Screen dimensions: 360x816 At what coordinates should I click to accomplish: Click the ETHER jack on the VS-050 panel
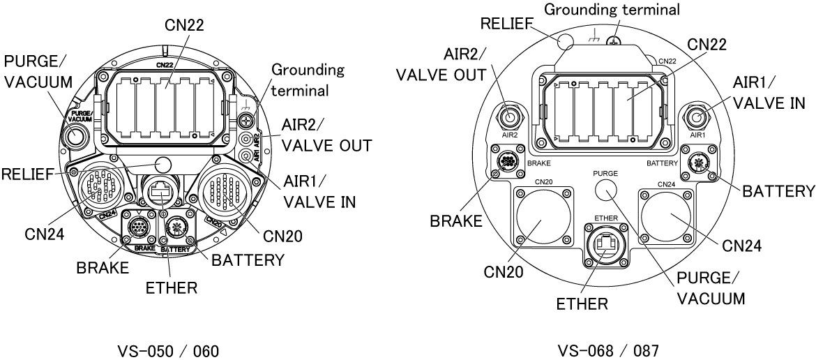tap(163, 191)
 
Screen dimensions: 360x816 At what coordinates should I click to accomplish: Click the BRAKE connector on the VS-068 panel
tap(505, 163)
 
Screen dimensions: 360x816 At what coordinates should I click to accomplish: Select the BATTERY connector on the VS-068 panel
tap(697, 163)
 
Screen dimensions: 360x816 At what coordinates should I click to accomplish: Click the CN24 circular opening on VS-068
tap(667, 217)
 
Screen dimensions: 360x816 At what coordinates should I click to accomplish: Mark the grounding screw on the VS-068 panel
tap(614, 42)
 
